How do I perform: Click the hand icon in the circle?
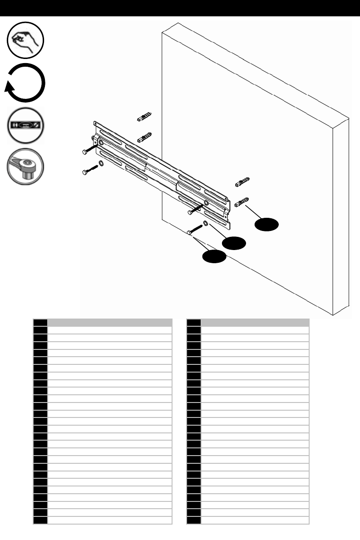pyautogui.click(x=25, y=40)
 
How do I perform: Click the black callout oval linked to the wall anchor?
pyautogui.click(x=266, y=225)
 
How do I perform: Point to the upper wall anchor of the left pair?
pyautogui.click(x=144, y=117)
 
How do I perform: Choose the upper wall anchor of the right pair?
pyautogui.click(x=242, y=183)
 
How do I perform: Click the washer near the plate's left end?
pyautogui.click(x=101, y=163)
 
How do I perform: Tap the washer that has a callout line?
pyautogui.click(x=206, y=223)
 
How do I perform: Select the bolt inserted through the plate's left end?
pyautogui.click(x=89, y=149)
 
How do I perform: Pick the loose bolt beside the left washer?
pyautogui.click(x=89, y=170)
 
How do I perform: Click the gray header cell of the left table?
pyautogui.click(x=110, y=323)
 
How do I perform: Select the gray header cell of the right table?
pyautogui.click(x=255, y=323)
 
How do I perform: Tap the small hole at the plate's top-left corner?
pyautogui.click(x=95, y=123)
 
